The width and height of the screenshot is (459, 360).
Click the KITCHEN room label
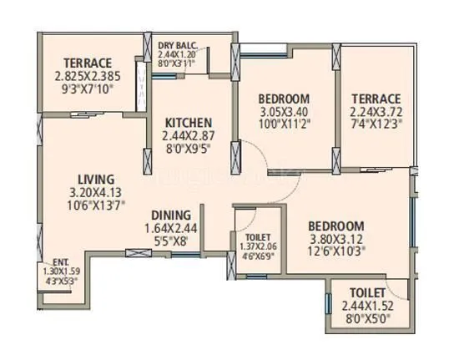tap(188, 122)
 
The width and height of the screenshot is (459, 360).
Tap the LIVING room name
tap(96, 179)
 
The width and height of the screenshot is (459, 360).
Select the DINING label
tap(172, 215)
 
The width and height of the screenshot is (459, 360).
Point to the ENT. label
tap(61, 261)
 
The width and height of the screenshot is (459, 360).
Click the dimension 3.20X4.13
tap(96, 192)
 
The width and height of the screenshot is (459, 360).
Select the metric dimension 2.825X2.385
tap(88, 76)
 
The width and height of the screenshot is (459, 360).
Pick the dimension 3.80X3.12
tap(335, 239)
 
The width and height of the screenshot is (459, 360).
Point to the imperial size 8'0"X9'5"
tap(188, 148)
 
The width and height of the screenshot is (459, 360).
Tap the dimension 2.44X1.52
tap(368, 306)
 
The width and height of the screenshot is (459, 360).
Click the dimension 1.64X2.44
tap(172, 228)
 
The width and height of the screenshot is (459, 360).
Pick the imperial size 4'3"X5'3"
tap(61, 281)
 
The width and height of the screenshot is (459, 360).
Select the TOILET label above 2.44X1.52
tap(368, 293)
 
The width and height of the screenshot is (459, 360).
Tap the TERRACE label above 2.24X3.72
tap(376, 97)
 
